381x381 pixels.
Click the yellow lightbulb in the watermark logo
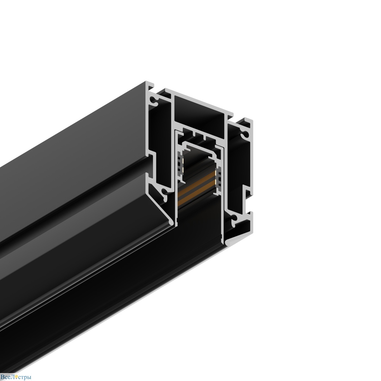[x=17, y=377]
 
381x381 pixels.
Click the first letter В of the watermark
[x=3, y=377]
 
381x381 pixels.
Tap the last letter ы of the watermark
[x=29, y=377]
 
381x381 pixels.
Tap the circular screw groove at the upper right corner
[x=244, y=135]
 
